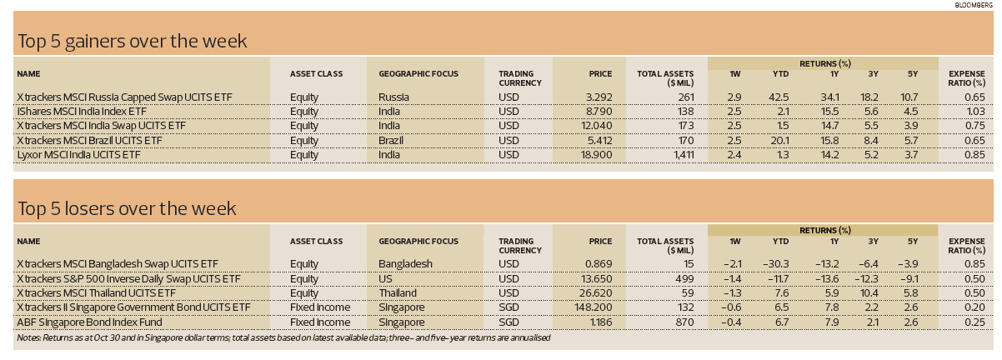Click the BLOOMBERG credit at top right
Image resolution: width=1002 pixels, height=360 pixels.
[x=973, y=5]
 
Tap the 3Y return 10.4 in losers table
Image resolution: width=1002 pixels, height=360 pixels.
[x=873, y=292]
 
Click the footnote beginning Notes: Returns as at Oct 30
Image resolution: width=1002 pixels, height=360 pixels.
[x=283, y=337]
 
